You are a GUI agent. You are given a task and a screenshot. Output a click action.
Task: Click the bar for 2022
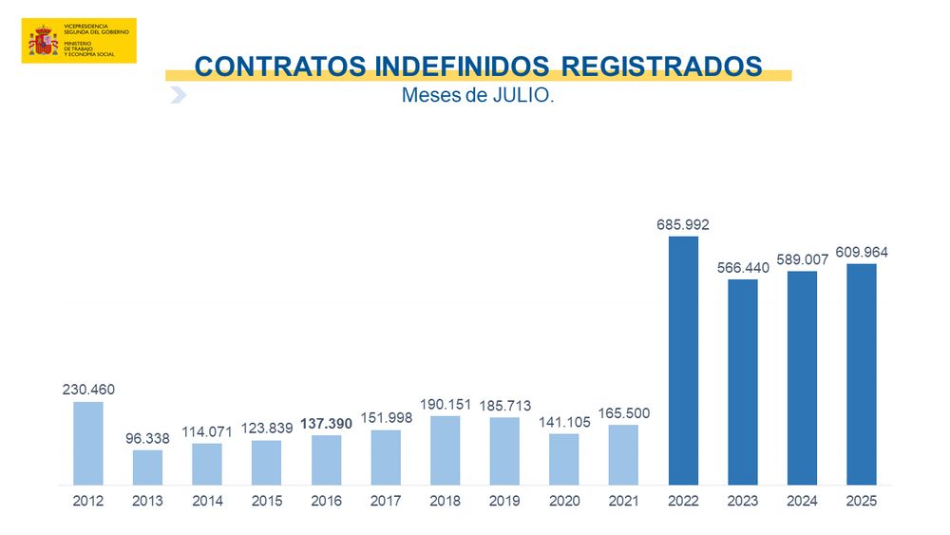pyautogui.click(x=683, y=360)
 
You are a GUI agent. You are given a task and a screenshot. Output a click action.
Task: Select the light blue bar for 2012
pyautogui.click(x=88, y=443)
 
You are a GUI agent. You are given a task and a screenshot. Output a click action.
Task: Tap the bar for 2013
pyautogui.click(x=147, y=467)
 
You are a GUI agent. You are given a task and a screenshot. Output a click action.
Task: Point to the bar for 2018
pyautogui.click(x=445, y=449)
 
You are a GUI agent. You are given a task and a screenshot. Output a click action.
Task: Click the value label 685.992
pyautogui.click(x=683, y=225)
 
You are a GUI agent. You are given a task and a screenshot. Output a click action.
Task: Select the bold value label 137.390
pyautogui.click(x=326, y=424)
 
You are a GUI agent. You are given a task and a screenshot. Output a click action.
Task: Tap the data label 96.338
pyautogui.click(x=147, y=439)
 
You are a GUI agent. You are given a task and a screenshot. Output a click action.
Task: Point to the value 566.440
pyautogui.click(x=742, y=268)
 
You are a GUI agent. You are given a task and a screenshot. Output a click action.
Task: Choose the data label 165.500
pyautogui.click(x=623, y=413)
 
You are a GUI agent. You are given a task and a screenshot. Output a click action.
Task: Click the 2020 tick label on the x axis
pyautogui.click(x=564, y=501)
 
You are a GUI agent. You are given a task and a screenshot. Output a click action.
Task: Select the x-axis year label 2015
pyautogui.click(x=266, y=501)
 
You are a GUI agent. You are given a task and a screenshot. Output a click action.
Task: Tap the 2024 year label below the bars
pyautogui.click(x=802, y=501)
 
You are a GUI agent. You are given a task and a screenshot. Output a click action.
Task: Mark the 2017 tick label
pyautogui.click(x=386, y=501)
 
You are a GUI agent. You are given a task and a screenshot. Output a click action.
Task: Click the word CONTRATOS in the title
pyautogui.click(x=278, y=67)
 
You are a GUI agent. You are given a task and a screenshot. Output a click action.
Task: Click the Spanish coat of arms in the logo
pyautogui.click(x=43, y=41)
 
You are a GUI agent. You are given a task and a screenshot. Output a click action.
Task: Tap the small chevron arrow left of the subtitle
pyautogui.click(x=178, y=95)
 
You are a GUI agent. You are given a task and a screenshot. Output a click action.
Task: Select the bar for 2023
pyautogui.click(x=742, y=382)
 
